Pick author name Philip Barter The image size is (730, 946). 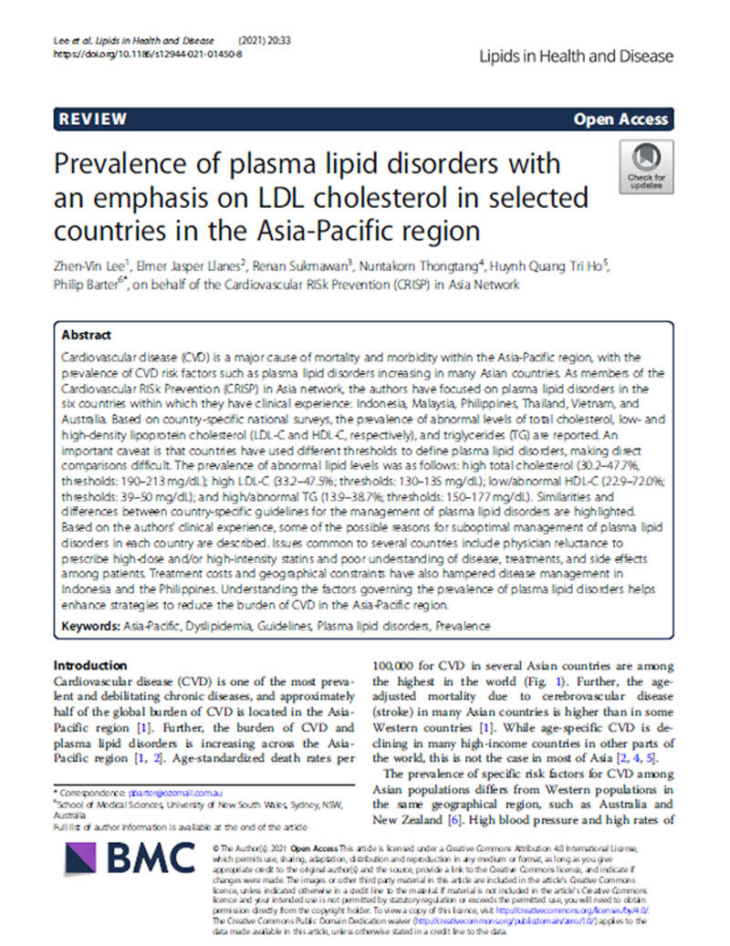point(87,285)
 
